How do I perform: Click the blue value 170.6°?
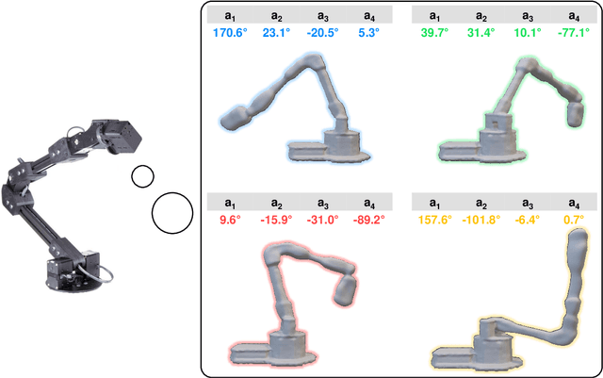[x=229, y=34]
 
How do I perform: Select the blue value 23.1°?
[x=278, y=34]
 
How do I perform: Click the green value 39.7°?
[x=434, y=34]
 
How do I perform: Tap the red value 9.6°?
[x=229, y=221]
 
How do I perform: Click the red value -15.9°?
[x=278, y=221]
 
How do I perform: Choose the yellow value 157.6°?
[x=434, y=221]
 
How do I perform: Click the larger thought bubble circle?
[x=171, y=212]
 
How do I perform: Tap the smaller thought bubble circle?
[x=142, y=176]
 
